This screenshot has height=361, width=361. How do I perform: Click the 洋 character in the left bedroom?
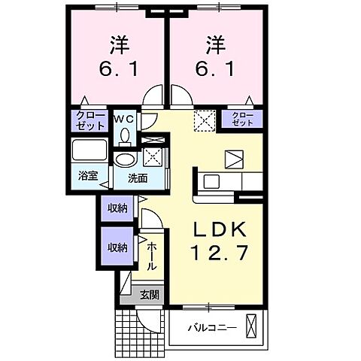(116, 42)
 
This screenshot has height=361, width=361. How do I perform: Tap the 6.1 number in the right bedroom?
(216, 68)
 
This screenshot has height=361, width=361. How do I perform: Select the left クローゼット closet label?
(90, 120)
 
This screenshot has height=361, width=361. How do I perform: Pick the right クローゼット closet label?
(242, 120)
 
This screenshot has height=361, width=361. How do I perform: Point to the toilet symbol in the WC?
(125, 136)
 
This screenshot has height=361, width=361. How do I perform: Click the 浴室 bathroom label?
(88, 176)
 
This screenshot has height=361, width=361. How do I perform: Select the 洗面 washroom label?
(137, 179)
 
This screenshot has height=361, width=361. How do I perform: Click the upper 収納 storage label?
(116, 208)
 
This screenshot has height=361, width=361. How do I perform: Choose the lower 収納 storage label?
(116, 247)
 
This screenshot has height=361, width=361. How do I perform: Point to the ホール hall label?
(151, 256)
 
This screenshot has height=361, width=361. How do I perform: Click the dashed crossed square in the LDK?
(203, 120)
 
